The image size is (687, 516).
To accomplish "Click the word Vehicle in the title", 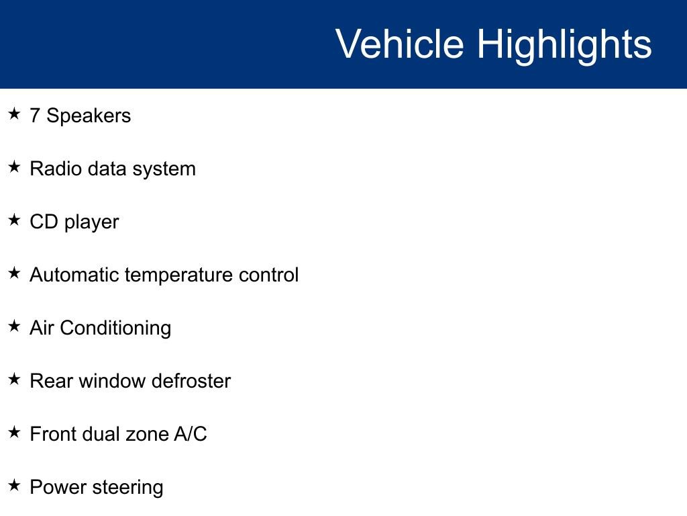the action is coord(400,44).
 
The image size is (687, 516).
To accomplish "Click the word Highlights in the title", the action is coord(564,46).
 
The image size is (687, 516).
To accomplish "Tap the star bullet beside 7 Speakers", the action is coord(14,114).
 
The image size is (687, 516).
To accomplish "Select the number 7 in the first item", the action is coord(35,116).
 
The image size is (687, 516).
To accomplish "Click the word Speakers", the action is coord(89,116).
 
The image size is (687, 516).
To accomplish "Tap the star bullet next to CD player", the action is coord(14,220).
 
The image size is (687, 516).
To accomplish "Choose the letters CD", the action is coord(44,222).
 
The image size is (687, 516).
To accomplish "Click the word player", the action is coord(91,223).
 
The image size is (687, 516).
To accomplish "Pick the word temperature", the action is coord(178,276).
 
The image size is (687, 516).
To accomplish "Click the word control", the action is coord(268,275).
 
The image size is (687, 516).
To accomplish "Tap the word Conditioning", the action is coord(115,329).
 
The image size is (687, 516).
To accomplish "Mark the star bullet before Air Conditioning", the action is coord(14,326).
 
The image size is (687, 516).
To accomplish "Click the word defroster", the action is coord(191,381).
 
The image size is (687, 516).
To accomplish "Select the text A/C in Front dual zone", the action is coord(191,434).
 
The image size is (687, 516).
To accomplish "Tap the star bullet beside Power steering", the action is coord(14,485).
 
